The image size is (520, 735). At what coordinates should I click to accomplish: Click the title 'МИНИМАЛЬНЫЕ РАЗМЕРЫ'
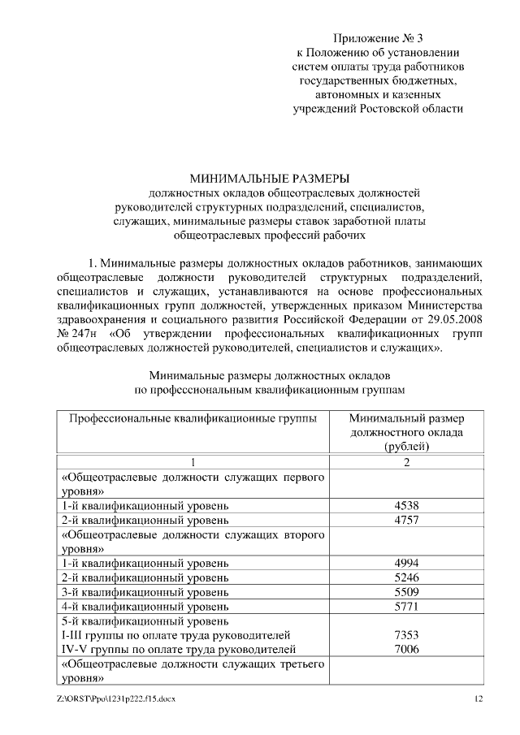click(x=269, y=178)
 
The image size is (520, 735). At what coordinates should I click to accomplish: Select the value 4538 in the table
click(x=405, y=505)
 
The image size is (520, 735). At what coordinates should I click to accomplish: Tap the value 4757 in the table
click(x=405, y=519)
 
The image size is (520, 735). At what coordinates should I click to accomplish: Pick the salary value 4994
click(x=405, y=562)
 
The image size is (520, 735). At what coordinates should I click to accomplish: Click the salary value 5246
click(x=405, y=577)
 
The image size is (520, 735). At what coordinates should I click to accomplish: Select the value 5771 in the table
click(x=405, y=605)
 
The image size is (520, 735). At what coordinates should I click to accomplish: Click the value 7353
click(x=405, y=633)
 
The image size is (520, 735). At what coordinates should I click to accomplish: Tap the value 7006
click(x=405, y=648)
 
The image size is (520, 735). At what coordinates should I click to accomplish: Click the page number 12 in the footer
click(x=479, y=698)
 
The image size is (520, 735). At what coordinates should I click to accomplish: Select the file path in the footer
click(x=116, y=698)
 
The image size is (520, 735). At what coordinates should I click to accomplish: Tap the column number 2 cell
click(x=405, y=462)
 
